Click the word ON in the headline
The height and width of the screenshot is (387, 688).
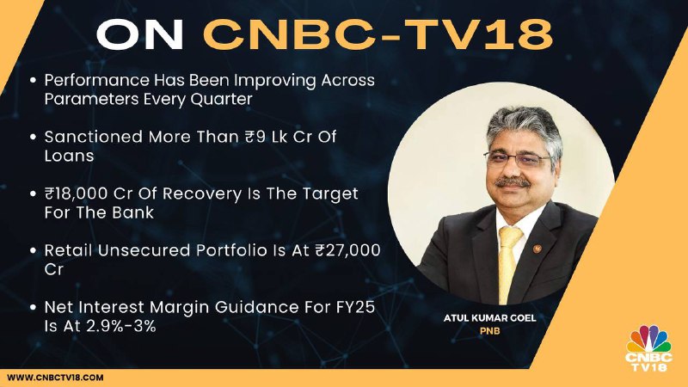coord(139,34)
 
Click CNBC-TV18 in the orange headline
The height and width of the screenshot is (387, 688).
coord(378,34)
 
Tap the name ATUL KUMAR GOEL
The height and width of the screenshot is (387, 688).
coord(489,317)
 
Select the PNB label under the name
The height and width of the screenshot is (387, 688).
coord(489,331)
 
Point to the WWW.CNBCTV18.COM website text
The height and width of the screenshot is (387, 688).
coord(55,378)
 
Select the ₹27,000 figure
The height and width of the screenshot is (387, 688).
coord(348,250)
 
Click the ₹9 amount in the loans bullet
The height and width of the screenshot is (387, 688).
coord(255,137)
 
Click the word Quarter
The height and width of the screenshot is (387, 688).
coord(221,100)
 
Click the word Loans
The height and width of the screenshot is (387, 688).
coord(69,156)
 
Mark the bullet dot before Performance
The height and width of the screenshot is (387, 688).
coord(33,81)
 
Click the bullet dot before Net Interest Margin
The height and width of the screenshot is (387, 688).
coord(33,308)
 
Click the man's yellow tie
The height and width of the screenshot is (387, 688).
coord(509,264)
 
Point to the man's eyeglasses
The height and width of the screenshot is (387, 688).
coord(518,158)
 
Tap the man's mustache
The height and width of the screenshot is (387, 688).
coord(512,181)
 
